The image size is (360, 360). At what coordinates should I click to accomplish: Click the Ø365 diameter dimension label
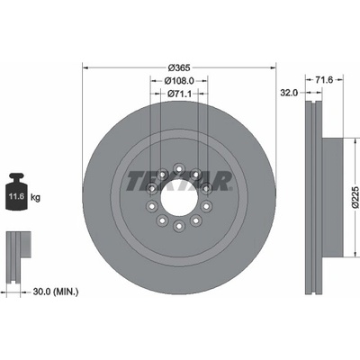pyautogui.click(x=179, y=67)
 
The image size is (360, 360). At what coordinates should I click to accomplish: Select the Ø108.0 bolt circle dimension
pyautogui.click(x=179, y=81)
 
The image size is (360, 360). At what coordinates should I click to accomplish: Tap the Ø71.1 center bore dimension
pyautogui.click(x=179, y=94)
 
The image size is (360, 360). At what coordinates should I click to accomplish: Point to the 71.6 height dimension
pyautogui.click(x=324, y=79)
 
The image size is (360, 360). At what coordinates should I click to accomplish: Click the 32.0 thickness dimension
pyautogui.click(x=289, y=93)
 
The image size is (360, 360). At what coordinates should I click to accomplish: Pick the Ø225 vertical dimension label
pyautogui.click(x=355, y=197)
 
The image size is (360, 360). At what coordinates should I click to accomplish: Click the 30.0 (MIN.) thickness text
pyautogui.click(x=56, y=292)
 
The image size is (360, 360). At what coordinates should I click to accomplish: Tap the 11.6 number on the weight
pyautogui.click(x=16, y=197)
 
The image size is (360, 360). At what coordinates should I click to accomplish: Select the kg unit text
pyautogui.click(x=35, y=197)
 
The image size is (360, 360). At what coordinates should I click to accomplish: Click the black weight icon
pyautogui.click(x=16, y=192)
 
